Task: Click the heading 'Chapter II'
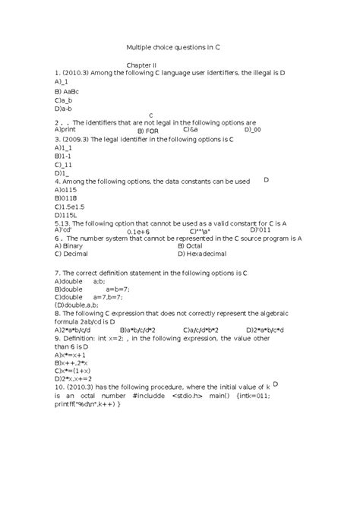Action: [141, 65]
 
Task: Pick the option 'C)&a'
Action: [190, 130]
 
